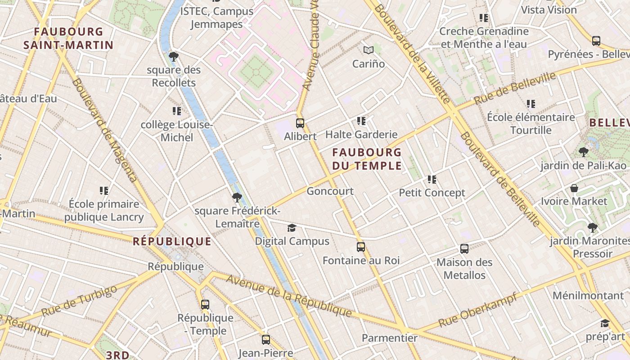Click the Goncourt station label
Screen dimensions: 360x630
[330, 191]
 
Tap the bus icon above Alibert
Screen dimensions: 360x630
[300, 123]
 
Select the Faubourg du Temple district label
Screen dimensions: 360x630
[367, 159]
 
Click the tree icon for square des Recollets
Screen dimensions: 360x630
[173, 57]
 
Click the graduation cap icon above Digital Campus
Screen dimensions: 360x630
[292, 228]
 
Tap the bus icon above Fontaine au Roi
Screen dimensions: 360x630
[361, 247]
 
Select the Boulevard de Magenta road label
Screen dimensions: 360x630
[104, 130]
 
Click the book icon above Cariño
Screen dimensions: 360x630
[369, 50]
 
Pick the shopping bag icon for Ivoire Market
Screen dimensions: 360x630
[574, 188]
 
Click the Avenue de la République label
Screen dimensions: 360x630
[288, 295]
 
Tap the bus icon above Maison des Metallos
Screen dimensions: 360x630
[464, 249]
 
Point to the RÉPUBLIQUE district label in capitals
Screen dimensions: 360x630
[172, 242]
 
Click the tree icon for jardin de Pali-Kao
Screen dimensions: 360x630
[583, 152]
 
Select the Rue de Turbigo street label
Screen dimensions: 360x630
[79, 300]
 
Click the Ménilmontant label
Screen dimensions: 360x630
[588, 296]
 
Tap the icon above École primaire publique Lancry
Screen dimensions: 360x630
[104, 191]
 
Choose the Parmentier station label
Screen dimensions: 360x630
[390, 337]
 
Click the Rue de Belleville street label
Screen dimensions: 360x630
[515, 88]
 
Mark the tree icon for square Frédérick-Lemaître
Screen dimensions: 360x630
[237, 197]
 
